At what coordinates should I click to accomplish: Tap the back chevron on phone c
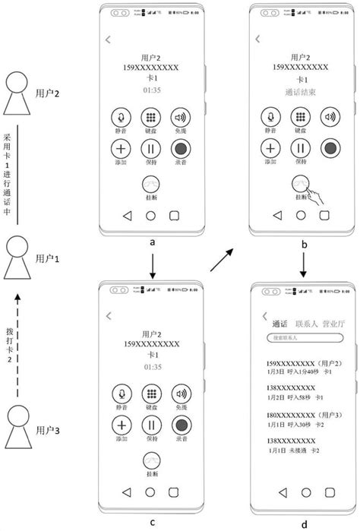(x=109, y=314)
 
